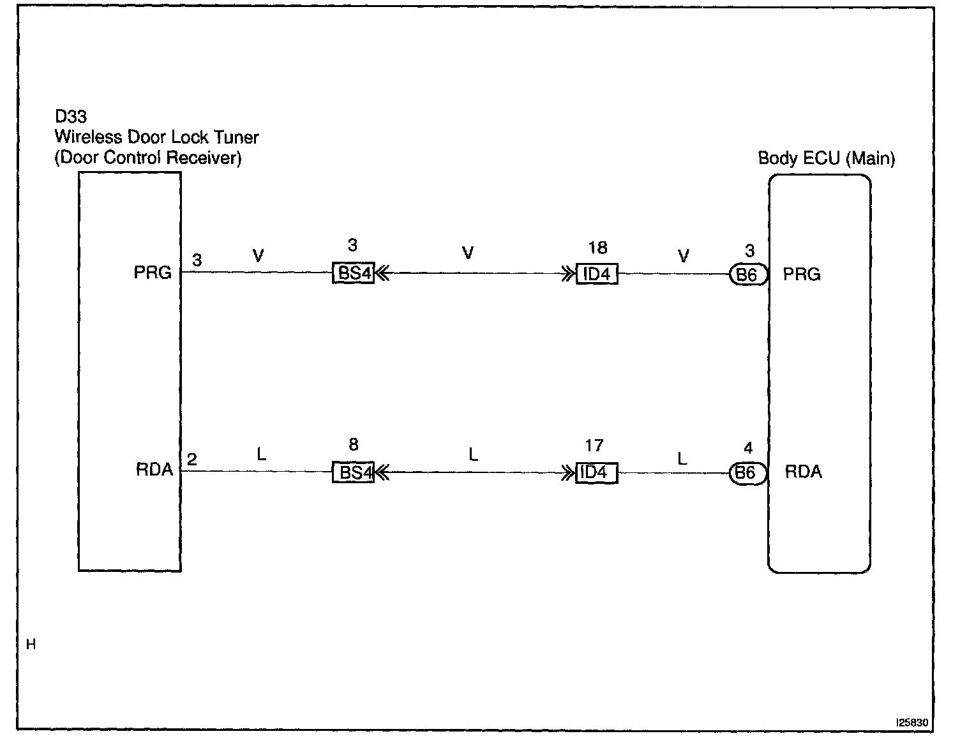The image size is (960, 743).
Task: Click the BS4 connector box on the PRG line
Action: pos(353,273)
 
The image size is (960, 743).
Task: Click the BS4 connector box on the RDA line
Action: pos(353,472)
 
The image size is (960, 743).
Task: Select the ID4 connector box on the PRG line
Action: pos(597,274)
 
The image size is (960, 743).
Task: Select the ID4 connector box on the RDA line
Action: pos(597,473)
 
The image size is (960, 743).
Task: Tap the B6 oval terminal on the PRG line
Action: pos(747,274)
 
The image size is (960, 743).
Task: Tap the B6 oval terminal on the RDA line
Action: pos(747,473)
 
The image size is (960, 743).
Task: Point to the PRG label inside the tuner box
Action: pos(153,273)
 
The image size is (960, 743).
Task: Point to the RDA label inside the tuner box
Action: pos(154,470)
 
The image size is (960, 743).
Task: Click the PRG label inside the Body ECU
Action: pos(802,274)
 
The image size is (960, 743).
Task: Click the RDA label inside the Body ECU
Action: pos(803,472)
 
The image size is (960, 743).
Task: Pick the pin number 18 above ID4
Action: pos(597,248)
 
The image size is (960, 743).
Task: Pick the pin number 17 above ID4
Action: pos(594,446)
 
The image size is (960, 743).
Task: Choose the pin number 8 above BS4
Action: pos(354,444)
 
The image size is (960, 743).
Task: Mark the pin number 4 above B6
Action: pos(748,448)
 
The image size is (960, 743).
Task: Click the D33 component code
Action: pos(71,117)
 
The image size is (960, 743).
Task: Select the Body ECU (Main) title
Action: pos(826,158)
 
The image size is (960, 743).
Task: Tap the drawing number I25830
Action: pos(912,723)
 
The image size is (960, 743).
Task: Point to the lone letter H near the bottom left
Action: pos(31,645)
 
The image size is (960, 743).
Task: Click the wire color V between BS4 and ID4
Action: pos(468,253)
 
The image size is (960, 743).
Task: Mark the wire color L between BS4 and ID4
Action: pos(473,454)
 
